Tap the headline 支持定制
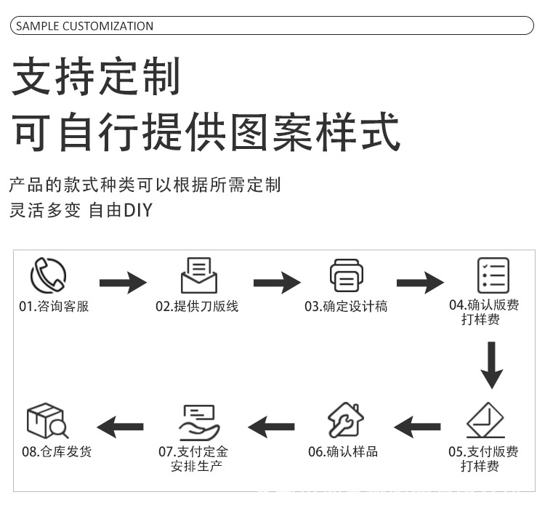(96, 78)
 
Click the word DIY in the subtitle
(137, 211)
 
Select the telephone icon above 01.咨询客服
(48, 275)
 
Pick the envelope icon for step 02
(198, 275)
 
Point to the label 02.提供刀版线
(197, 307)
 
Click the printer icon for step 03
(346, 276)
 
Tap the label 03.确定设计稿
(346, 307)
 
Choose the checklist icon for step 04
(493, 275)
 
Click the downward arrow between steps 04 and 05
(492, 364)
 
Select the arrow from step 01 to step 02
(123, 281)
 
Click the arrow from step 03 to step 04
(420, 281)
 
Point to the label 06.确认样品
(343, 451)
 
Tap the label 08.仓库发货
(57, 451)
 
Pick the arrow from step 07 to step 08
(120, 427)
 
